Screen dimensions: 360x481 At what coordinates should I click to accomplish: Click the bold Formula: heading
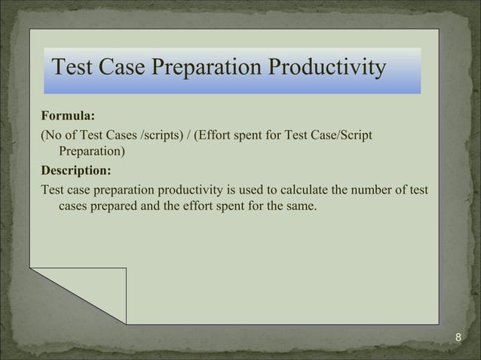pos(68,117)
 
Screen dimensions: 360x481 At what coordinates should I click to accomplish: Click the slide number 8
pos(459,336)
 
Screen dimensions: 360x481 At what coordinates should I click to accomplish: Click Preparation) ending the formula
pos(92,151)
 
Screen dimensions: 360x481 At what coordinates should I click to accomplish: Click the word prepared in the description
pos(112,204)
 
